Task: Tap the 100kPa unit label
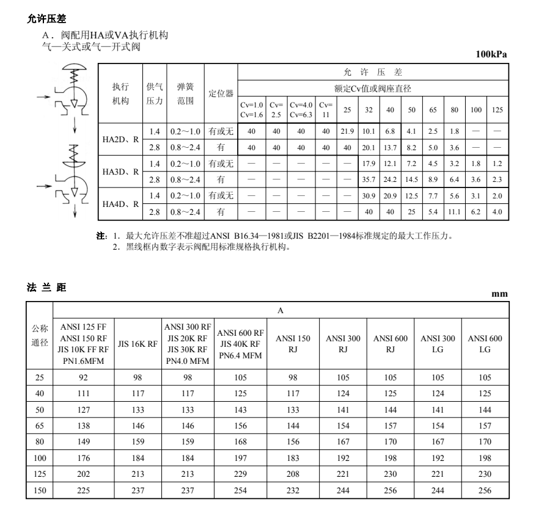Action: tap(491, 55)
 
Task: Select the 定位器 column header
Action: tap(221, 94)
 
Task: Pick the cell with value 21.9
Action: tap(348, 131)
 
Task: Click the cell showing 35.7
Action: tap(369, 179)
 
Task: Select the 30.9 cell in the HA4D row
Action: tap(369, 196)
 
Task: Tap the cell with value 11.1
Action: tap(455, 212)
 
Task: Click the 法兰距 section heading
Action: tap(46, 286)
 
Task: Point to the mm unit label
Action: tap(499, 294)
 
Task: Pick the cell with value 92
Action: tap(84, 377)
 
